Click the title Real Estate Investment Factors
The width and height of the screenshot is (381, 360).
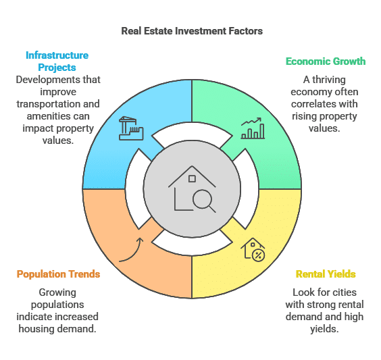click(192, 31)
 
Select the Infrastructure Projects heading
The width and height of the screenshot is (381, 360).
click(57, 61)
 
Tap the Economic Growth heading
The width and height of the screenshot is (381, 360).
click(326, 61)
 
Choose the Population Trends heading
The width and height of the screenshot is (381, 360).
click(58, 274)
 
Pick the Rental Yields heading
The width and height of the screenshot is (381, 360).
click(326, 274)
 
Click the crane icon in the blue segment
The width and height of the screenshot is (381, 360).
click(131, 128)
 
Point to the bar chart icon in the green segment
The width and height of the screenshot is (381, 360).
click(253, 128)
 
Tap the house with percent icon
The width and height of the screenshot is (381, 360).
click(253, 250)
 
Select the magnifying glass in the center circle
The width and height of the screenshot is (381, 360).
click(203, 201)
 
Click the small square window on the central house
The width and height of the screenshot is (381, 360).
click(192, 179)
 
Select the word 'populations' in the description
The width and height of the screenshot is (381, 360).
click(57, 305)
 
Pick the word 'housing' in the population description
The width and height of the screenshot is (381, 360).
click(36, 329)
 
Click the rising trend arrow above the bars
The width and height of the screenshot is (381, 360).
click(251, 121)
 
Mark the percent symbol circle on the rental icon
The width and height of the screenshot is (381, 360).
click(259, 255)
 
